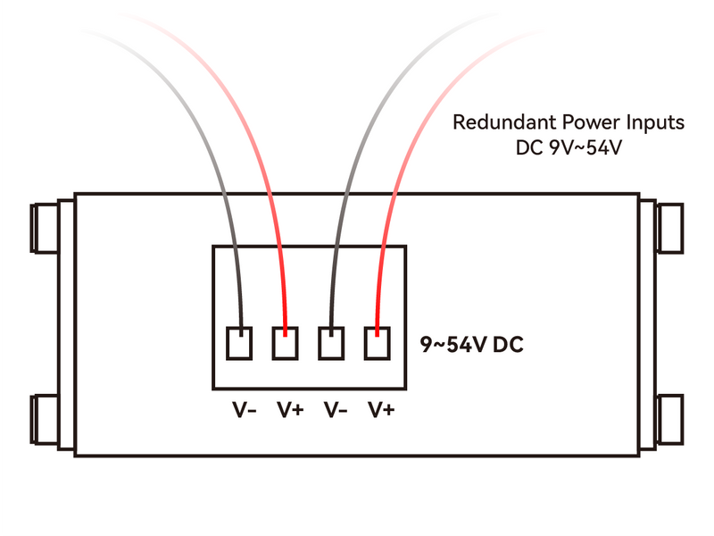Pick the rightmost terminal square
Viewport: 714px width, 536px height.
[378, 344]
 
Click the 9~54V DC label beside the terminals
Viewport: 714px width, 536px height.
[471, 344]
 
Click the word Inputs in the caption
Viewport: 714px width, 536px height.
[639, 121]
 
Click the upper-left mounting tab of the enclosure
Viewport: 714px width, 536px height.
[48, 228]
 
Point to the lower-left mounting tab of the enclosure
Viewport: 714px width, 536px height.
[48, 420]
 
